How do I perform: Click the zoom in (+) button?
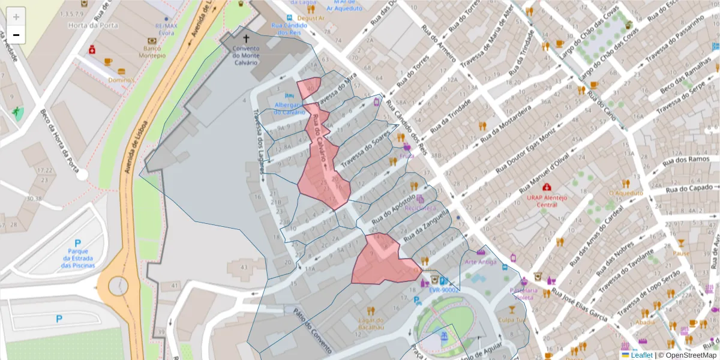16,17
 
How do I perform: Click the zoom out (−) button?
16,35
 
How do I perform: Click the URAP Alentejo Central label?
547,200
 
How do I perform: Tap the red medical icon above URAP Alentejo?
547,187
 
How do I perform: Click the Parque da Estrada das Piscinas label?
79,258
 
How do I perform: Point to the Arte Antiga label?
480,262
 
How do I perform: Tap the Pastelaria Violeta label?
521,293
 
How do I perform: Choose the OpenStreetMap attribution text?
688,355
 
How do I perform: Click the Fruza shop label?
407,155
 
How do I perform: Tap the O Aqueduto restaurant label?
626,193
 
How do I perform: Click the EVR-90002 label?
443,290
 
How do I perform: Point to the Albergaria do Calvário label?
290,108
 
